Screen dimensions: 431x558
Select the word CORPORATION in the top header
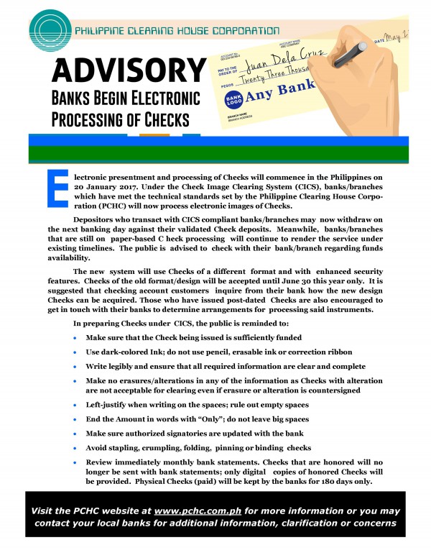pos(244,31)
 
